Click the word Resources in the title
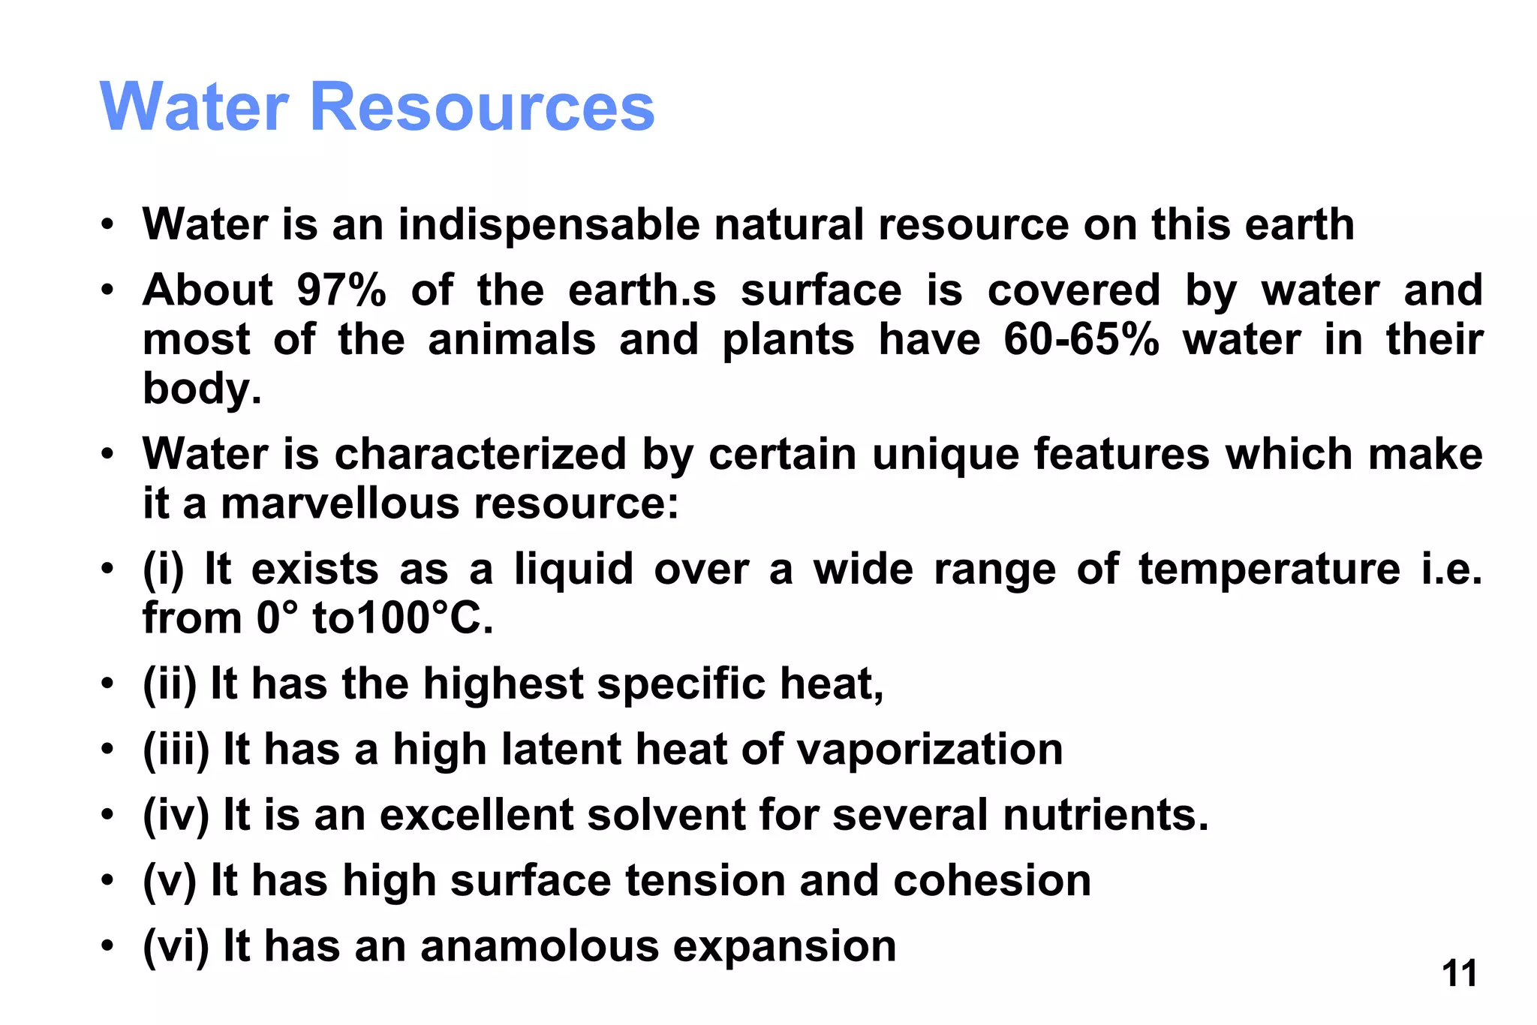[x=482, y=107]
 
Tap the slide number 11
[x=1459, y=974]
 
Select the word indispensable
[x=549, y=224]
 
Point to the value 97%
[x=341, y=290]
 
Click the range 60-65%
[x=1081, y=340]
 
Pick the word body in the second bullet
[x=202, y=389]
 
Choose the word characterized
[x=480, y=455]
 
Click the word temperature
[x=1269, y=569]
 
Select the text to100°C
[x=403, y=619]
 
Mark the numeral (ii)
[x=170, y=684]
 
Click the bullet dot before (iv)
[x=109, y=814]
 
